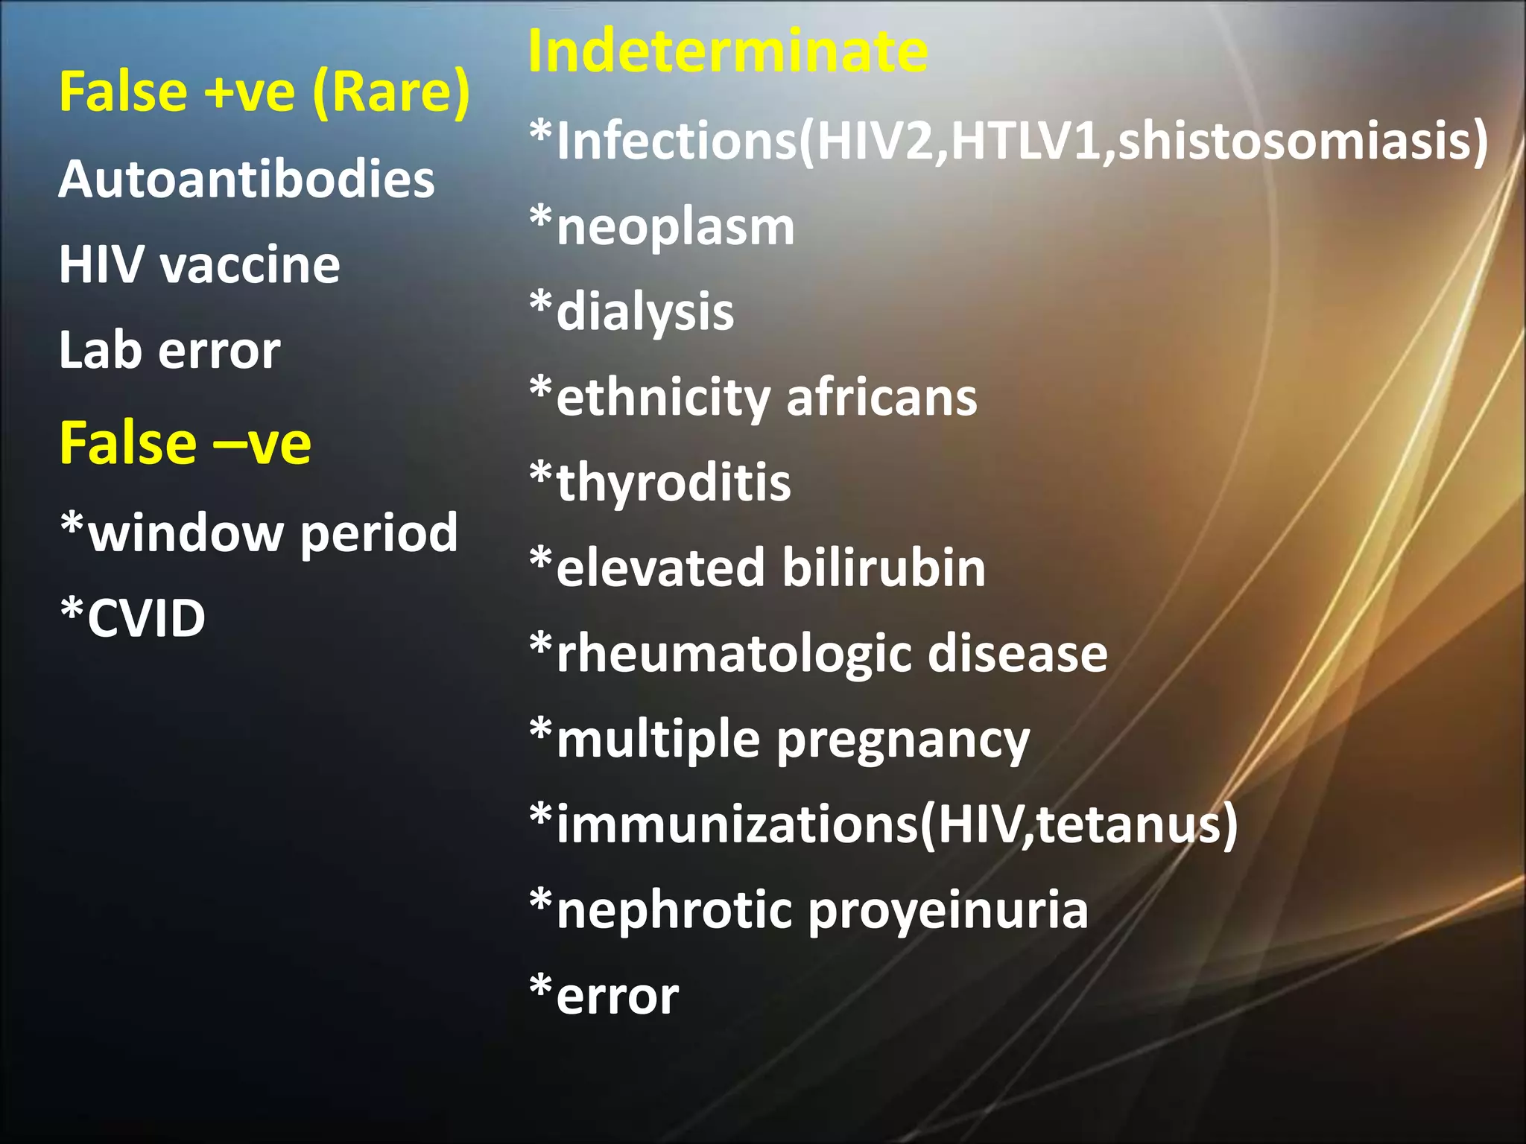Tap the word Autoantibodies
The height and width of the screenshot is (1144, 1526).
pyautogui.click(x=247, y=179)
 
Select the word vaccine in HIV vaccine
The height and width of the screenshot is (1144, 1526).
pyautogui.click(x=251, y=265)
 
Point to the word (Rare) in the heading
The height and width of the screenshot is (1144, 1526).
pyautogui.click(x=391, y=92)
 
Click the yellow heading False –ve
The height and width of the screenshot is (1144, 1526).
pyautogui.click(x=185, y=443)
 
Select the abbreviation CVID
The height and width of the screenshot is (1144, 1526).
pyautogui.click(x=146, y=618)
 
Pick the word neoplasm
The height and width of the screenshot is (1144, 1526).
pyautogui.click(x=675, y=226)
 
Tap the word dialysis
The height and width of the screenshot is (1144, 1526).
pyautogui.click(x=645, y=312)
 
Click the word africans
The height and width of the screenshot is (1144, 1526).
pyautogui.click(x=881, y=398)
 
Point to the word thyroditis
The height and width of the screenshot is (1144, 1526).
pyautogui.click(x=674, y=483)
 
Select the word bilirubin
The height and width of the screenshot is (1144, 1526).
pyautogui.click(x=884, y=568)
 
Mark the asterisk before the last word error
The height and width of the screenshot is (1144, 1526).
pyautogui.click(x=541, y=988)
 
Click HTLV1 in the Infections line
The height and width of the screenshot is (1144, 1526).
pyautogui.click(x=1025, y=142)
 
